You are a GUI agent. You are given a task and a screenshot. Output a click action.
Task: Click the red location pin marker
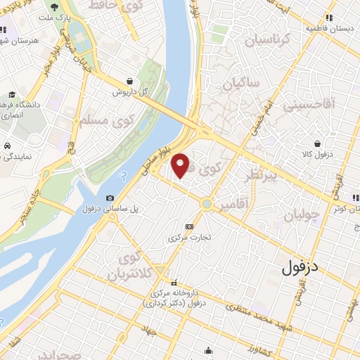pyautogui.click(x=181, y=165)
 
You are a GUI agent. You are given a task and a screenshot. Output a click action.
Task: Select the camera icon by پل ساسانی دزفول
pyautogui.click(x=110, y=198)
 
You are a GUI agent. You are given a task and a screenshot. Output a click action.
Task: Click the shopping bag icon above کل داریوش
pyautogui.click(x=131, y=81)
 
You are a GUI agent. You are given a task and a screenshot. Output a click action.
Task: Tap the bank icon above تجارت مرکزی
pyautogui.click(x=188, y=226)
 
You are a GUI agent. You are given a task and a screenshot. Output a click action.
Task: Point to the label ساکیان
pyautogui.click(x=241, y=84)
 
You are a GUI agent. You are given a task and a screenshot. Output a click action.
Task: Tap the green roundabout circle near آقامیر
pyautogui.click(x=207, y=205)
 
